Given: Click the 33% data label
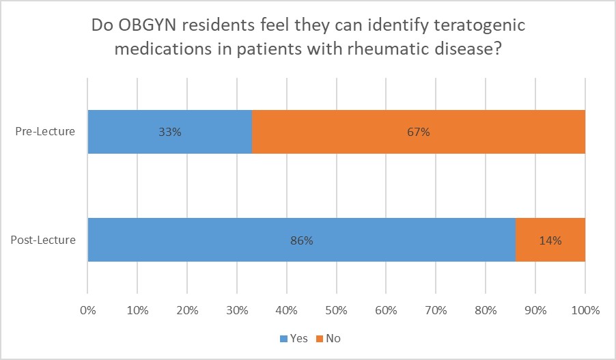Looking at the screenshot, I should (x=170, y=132).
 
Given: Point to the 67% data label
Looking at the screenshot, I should (x=419, y=132).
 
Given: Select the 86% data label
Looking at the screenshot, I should (x=302, y=240).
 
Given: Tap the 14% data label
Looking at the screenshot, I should (x=550, y=240).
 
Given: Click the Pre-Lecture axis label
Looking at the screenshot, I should (x=45, y=132).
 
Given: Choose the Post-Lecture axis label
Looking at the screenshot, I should (x=42, y=240).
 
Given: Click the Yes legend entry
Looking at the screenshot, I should (x=294, y=338).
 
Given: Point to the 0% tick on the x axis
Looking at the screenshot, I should (x=87, y=310).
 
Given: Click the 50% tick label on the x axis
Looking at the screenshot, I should (x=336, y=310).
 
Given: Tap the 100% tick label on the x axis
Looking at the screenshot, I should (x=585, y=310).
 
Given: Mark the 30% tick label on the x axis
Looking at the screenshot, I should (x=237, y=310).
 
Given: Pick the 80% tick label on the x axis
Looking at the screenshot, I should (x=486, y=310).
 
